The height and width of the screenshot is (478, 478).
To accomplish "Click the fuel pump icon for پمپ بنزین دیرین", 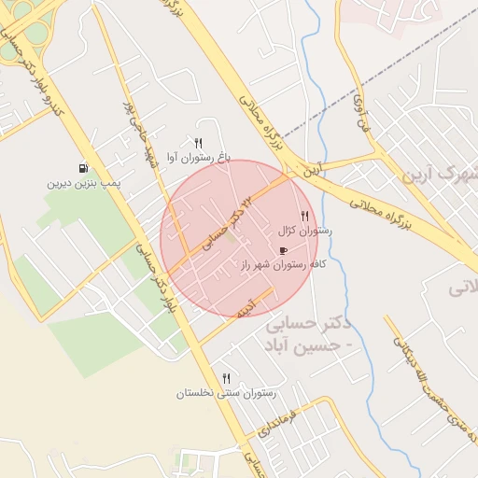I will pos(84,168).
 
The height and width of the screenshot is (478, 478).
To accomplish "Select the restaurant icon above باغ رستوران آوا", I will pos(198,142).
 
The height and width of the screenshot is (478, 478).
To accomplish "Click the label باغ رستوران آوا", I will pos(198,157).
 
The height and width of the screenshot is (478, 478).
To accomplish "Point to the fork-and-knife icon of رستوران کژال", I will pos(304,216).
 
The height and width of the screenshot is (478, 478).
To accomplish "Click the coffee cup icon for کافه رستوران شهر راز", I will pos(283,250).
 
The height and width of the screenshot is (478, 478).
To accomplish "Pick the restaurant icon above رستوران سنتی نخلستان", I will pos(227,378).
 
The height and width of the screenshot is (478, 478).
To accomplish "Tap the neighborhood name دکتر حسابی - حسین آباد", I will pos(307,335).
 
